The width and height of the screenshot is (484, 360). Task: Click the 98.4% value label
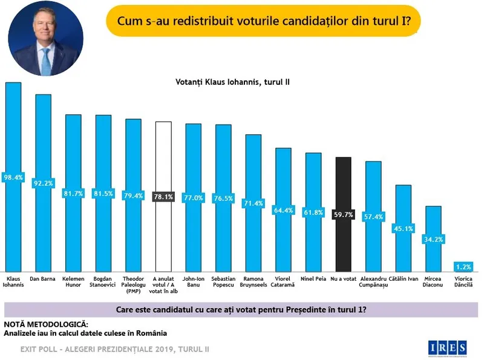coord(13,177)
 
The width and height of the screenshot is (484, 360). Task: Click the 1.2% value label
coord(463,266)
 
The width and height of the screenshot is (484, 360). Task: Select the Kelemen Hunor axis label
coord(73,282)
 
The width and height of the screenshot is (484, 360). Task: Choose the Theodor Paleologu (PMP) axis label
coord(133,282)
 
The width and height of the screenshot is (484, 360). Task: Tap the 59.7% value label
coord(343,213)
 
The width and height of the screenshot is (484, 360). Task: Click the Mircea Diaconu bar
coord(433,254)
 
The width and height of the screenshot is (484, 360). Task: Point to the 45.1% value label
coord(404,228)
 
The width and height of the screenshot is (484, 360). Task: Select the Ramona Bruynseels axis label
coord(253,282)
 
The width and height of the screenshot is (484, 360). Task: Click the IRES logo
coord(448,347)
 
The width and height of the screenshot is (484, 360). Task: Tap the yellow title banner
coord(263,22)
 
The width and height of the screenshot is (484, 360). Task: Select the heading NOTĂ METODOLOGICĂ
coord(45,325)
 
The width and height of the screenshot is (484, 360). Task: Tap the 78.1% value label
coord(163,197)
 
